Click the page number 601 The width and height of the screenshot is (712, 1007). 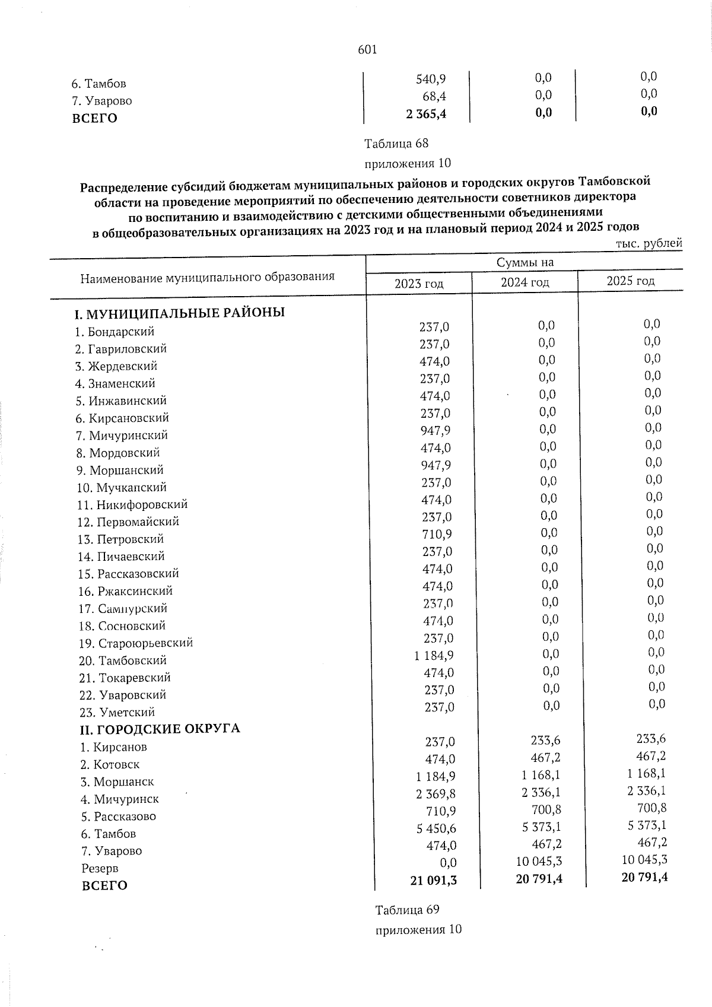(x=367, y=50)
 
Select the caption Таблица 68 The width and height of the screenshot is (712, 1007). (x=396, y=144)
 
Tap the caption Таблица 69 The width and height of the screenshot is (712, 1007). (x=406, y=910)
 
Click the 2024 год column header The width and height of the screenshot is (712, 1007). (x=525, y=282)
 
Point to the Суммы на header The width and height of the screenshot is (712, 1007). (x=525, y=262)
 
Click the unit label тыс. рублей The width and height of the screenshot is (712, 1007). (x=649, y=243)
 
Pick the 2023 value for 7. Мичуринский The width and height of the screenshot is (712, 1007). (x=435, y=430)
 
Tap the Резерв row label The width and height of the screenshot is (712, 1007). (x=100, y=868)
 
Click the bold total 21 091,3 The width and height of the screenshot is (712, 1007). (x=433, y=880)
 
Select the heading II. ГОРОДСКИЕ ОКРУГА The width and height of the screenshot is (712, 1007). (x=160, y=728)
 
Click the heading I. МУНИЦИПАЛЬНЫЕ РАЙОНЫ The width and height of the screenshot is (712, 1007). (x=179, y=312)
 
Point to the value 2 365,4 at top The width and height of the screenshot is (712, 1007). (x=426, y=114)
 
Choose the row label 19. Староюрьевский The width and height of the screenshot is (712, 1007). (x=136, y=643)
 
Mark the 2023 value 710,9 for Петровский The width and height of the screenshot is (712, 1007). (x=436, y=534)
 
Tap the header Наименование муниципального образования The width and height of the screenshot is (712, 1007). (x=207, y=277)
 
